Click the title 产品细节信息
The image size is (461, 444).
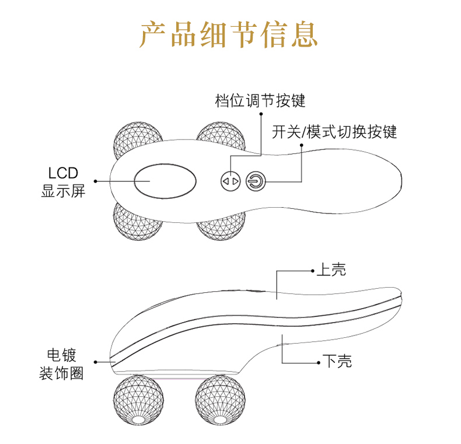(229, 34)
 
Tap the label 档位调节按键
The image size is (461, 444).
(260, 101)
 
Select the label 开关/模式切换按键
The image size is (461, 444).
(334, 132)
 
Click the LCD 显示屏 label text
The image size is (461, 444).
(63, 181)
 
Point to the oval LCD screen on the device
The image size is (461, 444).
(165, 181)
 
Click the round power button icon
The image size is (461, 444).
(256, 181)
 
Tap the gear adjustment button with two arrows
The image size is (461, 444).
(230, 181)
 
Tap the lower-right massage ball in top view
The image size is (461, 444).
(219, 225)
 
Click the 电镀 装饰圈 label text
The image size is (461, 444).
(61, 364)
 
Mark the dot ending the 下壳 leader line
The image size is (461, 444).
(319, 362)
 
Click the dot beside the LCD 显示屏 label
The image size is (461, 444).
(96, 181)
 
